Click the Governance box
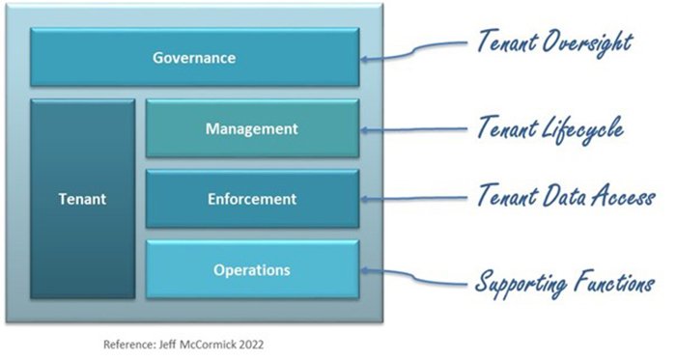pos(194,58)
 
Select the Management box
pos(252,127)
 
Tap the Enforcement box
pos(252,200)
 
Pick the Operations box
pos(252,269)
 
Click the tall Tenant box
pos(82,200)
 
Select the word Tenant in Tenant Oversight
pos(506,42)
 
